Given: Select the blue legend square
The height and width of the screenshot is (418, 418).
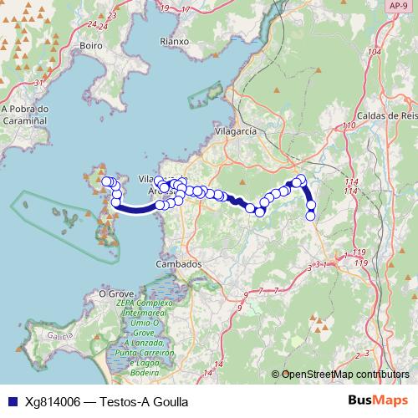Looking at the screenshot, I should point(11,401).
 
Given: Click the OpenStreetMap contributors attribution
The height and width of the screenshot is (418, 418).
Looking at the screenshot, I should point(345,375).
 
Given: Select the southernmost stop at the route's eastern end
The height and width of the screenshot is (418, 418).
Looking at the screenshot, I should point(311,216).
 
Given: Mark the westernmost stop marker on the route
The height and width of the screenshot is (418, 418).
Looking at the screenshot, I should point(105,181).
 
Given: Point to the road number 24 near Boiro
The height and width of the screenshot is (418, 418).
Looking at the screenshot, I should point(104,26).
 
